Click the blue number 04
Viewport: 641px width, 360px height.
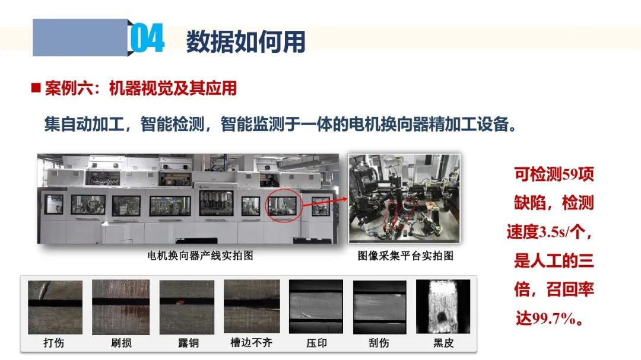coord(148,38)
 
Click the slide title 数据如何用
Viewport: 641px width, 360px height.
coord(246,42)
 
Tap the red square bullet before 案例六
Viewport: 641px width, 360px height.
coord(36,88)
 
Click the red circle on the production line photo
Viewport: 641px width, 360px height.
coord(266,206)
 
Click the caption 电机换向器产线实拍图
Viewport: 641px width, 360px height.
coord(201,256)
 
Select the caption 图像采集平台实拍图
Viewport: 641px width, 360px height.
coord(405,256)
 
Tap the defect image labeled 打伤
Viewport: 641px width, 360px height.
coord(55,307)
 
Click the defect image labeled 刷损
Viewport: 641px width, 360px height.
coord(120,307)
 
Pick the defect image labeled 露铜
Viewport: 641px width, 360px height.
coord(187,307)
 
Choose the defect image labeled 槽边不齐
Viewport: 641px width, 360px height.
coord(252,307)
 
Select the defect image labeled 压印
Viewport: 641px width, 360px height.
coord(316,307)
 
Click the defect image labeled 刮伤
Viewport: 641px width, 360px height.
coord(380,307)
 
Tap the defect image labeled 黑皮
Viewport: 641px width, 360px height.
coord(443,307)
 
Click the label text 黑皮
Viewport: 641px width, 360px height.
coord(443,343)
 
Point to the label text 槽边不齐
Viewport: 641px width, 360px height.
coord(252,342)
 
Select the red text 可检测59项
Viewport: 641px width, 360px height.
coord(554,174)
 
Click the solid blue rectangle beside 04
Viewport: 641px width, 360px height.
coord(80,37)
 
